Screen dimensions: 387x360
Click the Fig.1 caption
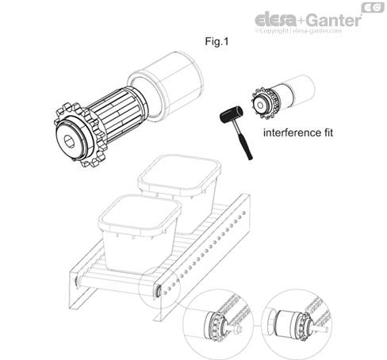[216, 41]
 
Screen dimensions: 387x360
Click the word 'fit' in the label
[327, 132]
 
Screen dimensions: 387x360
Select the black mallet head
[232, 114]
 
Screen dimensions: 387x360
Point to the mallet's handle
[243, 140]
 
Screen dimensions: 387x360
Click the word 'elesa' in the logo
[275, 20]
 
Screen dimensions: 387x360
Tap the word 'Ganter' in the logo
[334, 20]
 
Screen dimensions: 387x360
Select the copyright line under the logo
[298, 31]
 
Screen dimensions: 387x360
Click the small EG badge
[373, 7]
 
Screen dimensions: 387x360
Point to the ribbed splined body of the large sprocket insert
[117, 113]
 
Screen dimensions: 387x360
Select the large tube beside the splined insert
[166, 86]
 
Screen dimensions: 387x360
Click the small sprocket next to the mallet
[262, 104]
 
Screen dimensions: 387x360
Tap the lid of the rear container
[179, 173]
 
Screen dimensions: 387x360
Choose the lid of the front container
[140, 213]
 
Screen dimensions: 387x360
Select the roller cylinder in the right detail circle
[286, 324]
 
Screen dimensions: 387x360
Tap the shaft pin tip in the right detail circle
[326, 329]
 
